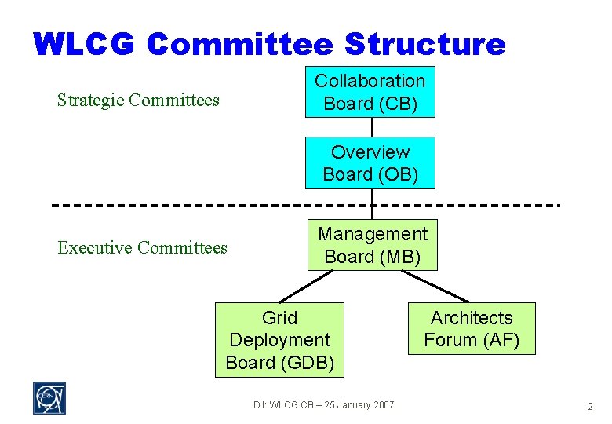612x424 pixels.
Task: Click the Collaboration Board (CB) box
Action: [370, 93]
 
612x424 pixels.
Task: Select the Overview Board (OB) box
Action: [370, 163]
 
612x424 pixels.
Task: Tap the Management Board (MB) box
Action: [372, 245]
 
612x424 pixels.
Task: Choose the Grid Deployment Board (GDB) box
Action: [279, 340]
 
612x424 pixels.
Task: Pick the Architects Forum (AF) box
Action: [471, 329]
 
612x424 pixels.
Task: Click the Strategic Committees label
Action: [138, 100]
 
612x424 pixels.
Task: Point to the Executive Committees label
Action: [142, 248]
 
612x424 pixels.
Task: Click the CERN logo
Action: [49, 398]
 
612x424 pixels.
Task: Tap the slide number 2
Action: [590, 407]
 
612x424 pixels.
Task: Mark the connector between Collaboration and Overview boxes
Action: [372, 126]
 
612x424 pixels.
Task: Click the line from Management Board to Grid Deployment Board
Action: [306, 287]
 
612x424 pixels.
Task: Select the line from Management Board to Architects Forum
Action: [435, 287]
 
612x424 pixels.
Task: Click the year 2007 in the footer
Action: [382, 405]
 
